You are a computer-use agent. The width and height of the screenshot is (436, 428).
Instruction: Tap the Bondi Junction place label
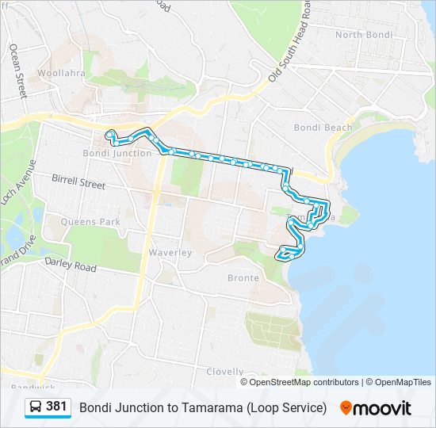[x=117, y=153]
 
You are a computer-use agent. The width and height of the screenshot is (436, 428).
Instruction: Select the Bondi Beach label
[x=323, y=128]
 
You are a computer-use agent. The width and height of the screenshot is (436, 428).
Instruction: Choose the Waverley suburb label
[x=170, y=252]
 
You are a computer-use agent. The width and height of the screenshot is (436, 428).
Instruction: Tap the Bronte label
[x=243, y=278]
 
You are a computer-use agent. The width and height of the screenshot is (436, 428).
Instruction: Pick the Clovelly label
[x=224, y=371]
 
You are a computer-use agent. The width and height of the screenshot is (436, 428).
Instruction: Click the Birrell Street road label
[x=78, y=182]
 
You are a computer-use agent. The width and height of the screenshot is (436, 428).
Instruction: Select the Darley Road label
[x=70, y=266]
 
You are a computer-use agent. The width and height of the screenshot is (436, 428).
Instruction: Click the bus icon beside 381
[x=35, y=407]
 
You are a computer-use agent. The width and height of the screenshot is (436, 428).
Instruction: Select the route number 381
[x=56, y=407]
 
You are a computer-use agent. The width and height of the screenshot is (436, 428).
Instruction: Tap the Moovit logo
[x=376, y=407]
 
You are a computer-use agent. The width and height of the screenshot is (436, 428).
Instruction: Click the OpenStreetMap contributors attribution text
[x=304, y=382]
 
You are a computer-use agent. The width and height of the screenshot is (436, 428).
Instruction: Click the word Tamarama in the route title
[x=213, y=407]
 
